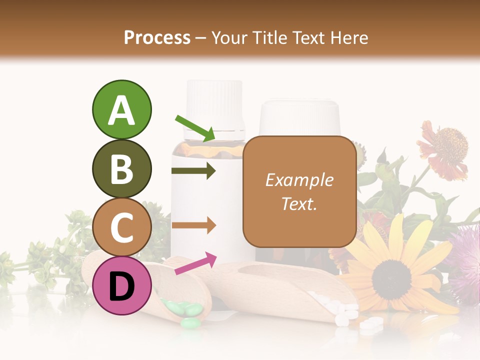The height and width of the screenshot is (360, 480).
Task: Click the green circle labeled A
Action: pyautogui.click(x=121, y=109)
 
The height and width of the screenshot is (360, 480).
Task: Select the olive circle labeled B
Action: pyautogui.click(x=121, y=168)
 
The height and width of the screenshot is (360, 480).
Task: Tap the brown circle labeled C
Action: pyautogui.click(x=121, y=227)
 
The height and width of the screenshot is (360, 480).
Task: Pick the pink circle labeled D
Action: pyautogui.click(x=121, y=285)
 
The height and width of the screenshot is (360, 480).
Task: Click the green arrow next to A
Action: pyautogui.click(x=195, y=128)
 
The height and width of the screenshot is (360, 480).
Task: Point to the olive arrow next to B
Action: pyautogui.click(x=193, y=171)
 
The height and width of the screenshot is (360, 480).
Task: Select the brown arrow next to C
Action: pyautogui.click(x=193, y=225)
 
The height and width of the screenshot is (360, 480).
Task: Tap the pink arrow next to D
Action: pyautogui.click(x=195, y=263)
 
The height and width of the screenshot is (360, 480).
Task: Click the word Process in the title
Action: pyautogui.click(x=157, y=38)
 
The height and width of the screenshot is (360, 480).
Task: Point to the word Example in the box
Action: pyautogui.click(x=299, y=180)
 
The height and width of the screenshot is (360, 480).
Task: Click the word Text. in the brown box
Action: pyautogui.click(x=299, y=203)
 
